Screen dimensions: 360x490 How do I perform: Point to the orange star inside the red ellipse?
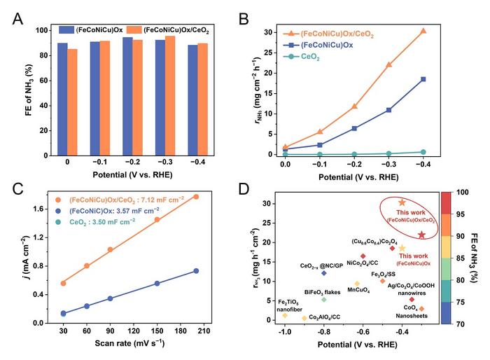[402, 202]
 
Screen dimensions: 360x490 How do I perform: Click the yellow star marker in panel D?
[402, 248]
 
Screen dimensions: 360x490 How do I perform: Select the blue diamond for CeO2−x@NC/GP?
[324, 273]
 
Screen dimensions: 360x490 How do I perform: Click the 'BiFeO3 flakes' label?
[323, 290]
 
